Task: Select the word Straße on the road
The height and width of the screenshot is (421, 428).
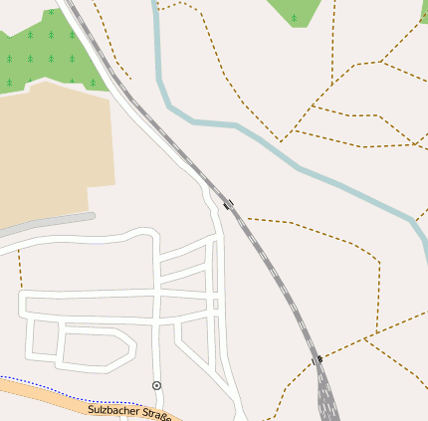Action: click(155, 413)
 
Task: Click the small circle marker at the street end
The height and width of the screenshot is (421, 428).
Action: click(156, 384)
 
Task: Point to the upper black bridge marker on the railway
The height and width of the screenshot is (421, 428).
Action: click(229, 205)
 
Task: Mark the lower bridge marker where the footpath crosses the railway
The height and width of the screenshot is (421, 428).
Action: click(318, 359)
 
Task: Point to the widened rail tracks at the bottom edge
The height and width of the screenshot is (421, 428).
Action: click(327, 403)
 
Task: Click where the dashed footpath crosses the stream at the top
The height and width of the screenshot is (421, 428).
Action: click(157, 8)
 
